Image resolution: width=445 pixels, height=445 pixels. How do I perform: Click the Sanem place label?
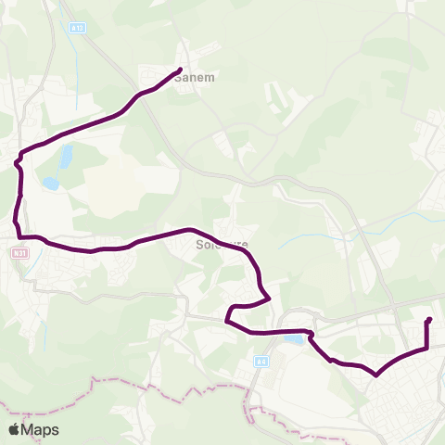click(199, 79)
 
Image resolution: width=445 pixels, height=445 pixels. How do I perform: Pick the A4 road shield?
click(261, 362)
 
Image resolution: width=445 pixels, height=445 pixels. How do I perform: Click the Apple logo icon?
click(14, 429)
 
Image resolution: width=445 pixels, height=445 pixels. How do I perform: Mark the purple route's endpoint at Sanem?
click(179, 70)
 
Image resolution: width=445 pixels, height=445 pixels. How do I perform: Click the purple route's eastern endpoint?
click(428, 321)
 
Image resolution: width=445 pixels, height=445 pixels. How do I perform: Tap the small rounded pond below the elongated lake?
click(51, 184)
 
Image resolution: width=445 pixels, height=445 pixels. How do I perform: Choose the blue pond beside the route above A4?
click(294, 340)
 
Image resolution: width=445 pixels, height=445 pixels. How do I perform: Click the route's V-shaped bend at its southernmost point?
click(375, 375)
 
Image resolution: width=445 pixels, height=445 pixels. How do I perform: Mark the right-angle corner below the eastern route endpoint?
click(426, 349)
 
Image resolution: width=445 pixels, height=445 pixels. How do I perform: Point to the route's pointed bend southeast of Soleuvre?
click(268, 298)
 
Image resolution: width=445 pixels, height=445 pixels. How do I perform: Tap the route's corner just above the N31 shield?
click(18, 236)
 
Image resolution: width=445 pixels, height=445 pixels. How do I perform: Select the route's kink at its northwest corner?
click(19, 158)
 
